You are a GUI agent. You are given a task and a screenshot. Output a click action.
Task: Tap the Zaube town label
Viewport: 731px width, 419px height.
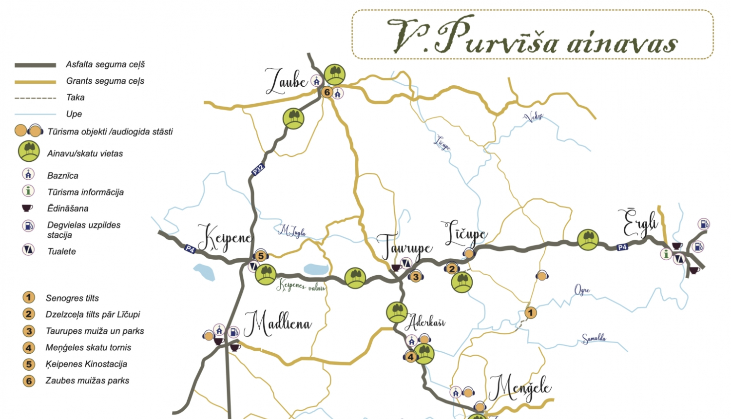[287, 81]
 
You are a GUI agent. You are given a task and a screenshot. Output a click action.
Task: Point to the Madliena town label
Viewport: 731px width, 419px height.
[278, 324]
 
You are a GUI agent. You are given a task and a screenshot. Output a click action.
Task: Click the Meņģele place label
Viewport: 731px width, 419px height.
[520, 388]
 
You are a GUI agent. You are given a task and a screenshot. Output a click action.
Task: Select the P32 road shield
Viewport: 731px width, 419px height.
[258, 170]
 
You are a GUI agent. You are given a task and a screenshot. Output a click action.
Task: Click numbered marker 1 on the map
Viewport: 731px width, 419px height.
[531, 313]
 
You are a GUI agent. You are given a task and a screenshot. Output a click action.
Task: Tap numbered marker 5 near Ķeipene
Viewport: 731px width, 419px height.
[261, 256]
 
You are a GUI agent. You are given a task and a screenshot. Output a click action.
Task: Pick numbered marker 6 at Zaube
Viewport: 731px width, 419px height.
[327, 92]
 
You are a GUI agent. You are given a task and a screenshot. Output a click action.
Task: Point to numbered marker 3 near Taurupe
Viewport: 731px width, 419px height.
[416, 277]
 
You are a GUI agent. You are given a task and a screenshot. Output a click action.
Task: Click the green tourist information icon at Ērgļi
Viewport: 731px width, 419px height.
[666, 254]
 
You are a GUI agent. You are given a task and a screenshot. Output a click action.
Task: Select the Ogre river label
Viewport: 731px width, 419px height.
[582, 291]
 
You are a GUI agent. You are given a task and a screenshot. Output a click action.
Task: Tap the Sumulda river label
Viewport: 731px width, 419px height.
[594, 339]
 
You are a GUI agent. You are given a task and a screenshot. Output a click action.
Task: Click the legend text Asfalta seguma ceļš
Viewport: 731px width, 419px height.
[105, 64]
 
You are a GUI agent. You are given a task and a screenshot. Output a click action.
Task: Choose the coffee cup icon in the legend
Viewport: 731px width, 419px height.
[28, 209]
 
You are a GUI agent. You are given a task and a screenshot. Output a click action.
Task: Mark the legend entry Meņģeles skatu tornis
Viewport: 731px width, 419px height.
[88, 347]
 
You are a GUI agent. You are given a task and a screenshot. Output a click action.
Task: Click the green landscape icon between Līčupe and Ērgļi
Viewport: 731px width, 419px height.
[588, 240]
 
